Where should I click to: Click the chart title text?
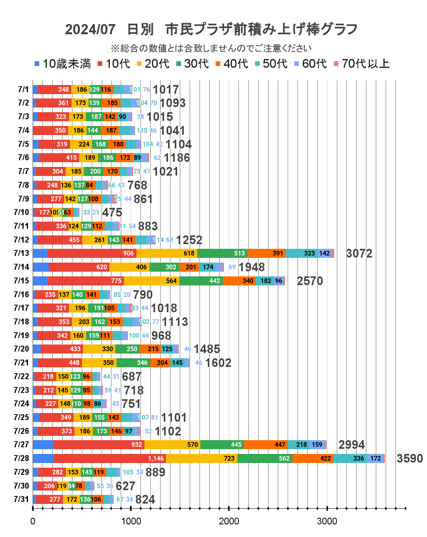[x=211, y=29]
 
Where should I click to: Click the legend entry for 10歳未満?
[x=63, y=64]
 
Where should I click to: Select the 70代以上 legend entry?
[x=361, y=64]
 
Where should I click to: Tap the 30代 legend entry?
[x=192, y=64]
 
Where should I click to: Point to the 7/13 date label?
[x=21, y=253]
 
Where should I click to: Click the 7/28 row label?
[x=21, y=458]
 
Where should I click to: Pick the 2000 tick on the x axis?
[x=229, y=521]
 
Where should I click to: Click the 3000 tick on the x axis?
[x=327, y=521]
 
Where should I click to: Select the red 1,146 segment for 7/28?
[x=110, y=458]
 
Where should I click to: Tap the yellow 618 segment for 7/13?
[x=167, y=253]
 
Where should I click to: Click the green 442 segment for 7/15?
[x=201, y=281]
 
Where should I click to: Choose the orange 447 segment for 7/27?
[x=266, y=444]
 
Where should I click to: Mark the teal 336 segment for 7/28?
[x=350, y=458]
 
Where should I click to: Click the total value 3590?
[x=409, y=459]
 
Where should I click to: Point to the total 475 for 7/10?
[x=112, y=213]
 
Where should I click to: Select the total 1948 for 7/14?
[x=251, y=267]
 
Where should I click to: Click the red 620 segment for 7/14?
[x=79, y=267]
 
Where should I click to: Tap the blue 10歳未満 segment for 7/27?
[x=43, y=444]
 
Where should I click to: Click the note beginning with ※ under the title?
[x=211, y=48]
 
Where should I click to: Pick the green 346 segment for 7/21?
[x=133, y=363]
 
